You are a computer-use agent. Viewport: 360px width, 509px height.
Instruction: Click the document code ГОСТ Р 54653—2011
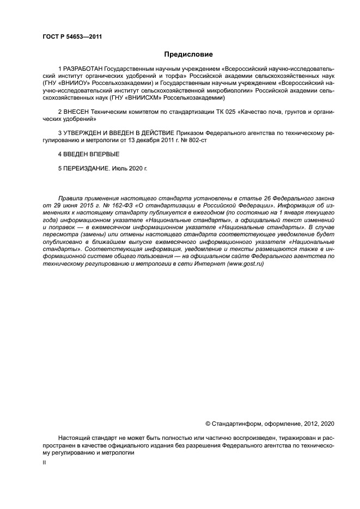(72, 37)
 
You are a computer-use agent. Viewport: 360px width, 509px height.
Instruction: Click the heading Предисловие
(188, 54)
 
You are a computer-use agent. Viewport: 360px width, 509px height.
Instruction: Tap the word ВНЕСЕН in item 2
(75, 111)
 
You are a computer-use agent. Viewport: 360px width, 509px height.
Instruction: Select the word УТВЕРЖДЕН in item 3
(83, 132)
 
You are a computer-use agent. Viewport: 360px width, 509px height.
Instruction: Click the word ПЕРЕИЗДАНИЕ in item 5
(87, 168)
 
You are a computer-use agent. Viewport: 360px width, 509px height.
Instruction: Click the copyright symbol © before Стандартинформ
(208, 423)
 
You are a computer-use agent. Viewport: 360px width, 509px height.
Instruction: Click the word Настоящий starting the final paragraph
(75, 437)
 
